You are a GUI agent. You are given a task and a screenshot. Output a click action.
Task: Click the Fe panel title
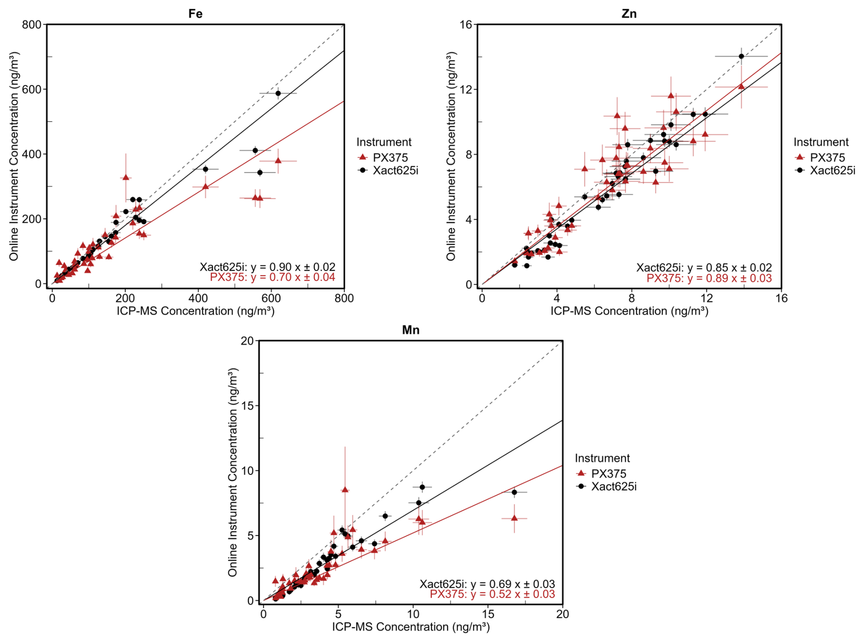point(195,13)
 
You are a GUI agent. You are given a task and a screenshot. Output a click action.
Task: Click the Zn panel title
point(629,13)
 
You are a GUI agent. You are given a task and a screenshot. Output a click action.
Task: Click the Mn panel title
point(410,329)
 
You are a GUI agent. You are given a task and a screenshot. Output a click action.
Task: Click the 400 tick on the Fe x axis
point(198,298)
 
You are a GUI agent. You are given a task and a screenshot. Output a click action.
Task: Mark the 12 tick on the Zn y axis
point(466,89)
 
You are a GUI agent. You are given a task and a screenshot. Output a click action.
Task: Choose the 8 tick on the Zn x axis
point(632,298)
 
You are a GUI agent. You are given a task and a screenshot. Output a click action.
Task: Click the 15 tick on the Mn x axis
point(488,614)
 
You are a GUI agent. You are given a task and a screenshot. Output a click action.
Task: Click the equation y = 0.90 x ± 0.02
point(267,267)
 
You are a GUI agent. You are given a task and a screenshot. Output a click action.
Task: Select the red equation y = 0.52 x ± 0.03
point(492,594)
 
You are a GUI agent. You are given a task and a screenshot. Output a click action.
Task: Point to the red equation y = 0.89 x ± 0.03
point(709,278)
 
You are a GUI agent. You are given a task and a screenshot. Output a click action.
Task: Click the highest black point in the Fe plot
point(278,93)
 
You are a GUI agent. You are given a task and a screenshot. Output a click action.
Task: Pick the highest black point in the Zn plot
point(741,57)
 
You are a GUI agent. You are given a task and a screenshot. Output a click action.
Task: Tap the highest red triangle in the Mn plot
point(345,489)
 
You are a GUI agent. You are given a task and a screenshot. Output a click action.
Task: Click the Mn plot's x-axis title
point(411,627)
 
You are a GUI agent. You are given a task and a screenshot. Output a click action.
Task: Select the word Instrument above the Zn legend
point(821,142)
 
